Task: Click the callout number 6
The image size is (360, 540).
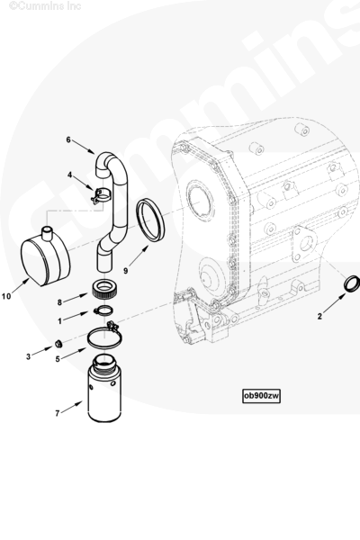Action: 68,139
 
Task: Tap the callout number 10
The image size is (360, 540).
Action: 6,296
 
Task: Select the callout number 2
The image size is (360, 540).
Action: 319,316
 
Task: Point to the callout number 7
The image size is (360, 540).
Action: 58,413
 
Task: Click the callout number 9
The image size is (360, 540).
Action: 125,271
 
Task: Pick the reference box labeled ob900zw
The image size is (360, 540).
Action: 261,396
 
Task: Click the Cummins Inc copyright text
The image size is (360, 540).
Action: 45,6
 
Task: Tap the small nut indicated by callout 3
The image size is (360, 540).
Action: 58,344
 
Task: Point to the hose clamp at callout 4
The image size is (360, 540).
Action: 100,195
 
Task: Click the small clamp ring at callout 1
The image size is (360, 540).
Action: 103,310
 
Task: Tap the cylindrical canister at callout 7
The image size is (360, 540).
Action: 104,389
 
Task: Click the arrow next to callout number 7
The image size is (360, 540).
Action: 72,407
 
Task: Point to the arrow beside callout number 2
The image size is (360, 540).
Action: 335,303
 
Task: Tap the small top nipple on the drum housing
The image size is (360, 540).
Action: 46,231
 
